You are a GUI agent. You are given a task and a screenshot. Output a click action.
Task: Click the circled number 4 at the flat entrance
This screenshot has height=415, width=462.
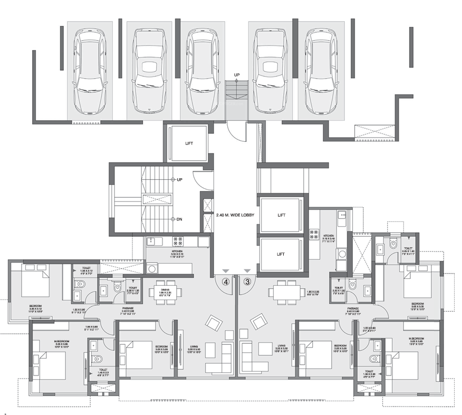(226, 282)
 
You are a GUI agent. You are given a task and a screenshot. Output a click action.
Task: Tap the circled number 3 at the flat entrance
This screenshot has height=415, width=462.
(246, 282)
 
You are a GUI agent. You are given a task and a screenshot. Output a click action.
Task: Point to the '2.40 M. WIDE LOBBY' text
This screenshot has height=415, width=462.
(235, 215)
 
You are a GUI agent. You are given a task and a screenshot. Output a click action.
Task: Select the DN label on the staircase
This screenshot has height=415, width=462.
(179, 219)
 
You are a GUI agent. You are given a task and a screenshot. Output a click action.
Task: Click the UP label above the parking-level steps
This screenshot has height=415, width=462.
(237, 75)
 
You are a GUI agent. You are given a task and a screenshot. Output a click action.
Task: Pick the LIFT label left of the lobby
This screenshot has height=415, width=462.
(189, 143)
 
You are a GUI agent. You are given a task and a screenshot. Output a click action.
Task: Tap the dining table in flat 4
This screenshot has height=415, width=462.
(165, 293)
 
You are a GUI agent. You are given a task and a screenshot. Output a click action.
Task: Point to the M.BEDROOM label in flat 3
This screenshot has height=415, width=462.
(416, 338)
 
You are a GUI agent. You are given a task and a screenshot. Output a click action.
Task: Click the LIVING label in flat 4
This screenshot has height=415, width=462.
(195, 346)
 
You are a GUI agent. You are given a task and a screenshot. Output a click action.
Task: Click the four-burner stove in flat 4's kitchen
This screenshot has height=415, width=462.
(177, 242)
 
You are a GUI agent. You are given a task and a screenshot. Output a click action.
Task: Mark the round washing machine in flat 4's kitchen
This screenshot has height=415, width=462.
(152, 269)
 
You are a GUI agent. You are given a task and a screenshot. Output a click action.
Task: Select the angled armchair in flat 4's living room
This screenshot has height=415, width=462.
(213, 322)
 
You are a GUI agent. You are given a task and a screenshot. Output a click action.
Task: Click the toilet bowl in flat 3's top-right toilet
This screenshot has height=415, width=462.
(392, 244)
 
